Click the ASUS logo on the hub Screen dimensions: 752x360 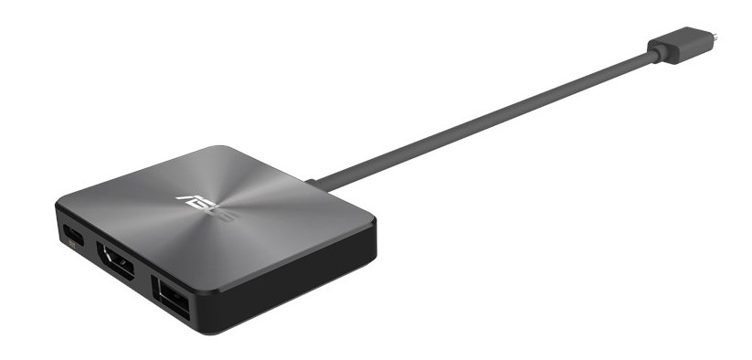point(207,208)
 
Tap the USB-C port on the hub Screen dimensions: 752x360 point(73,235)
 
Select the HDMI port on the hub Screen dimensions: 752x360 point(115,260)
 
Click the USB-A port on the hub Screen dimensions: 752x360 point(170,297)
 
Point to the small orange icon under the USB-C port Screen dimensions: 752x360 point(72,245)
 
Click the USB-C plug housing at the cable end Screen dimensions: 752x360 point(680,45)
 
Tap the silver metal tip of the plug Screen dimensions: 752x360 point(715,36)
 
